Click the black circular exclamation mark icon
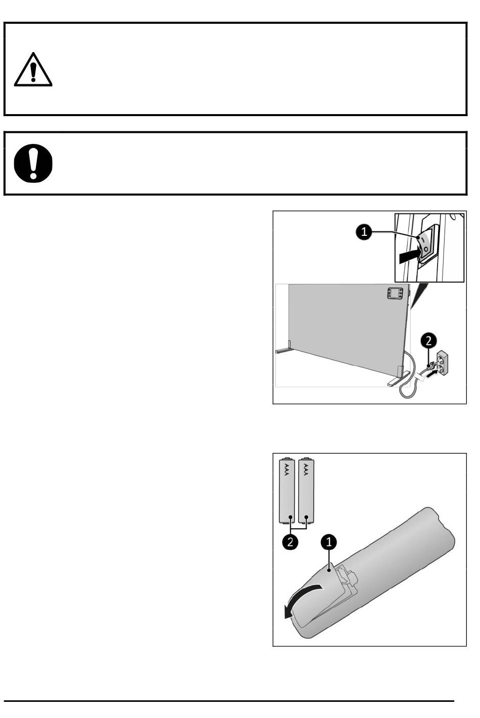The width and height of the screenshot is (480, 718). (x=33, y=163)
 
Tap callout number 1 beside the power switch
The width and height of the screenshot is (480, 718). (x=364, y=232)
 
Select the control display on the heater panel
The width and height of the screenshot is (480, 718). (x=395, y=293)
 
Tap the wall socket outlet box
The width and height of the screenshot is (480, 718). (x=443, y=363)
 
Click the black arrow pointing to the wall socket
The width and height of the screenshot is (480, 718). (x=431, y=374)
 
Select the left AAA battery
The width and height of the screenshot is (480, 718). (x=287, y=490)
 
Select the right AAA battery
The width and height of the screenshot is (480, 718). (x=306, y=490)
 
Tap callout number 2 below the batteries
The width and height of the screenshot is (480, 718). (x=290, y=542)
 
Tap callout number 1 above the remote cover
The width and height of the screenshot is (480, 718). (x=329, y=542)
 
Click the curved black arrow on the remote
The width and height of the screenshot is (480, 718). (x=300, y=597)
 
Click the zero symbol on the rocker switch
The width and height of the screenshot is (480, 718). (x=426, y=249)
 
